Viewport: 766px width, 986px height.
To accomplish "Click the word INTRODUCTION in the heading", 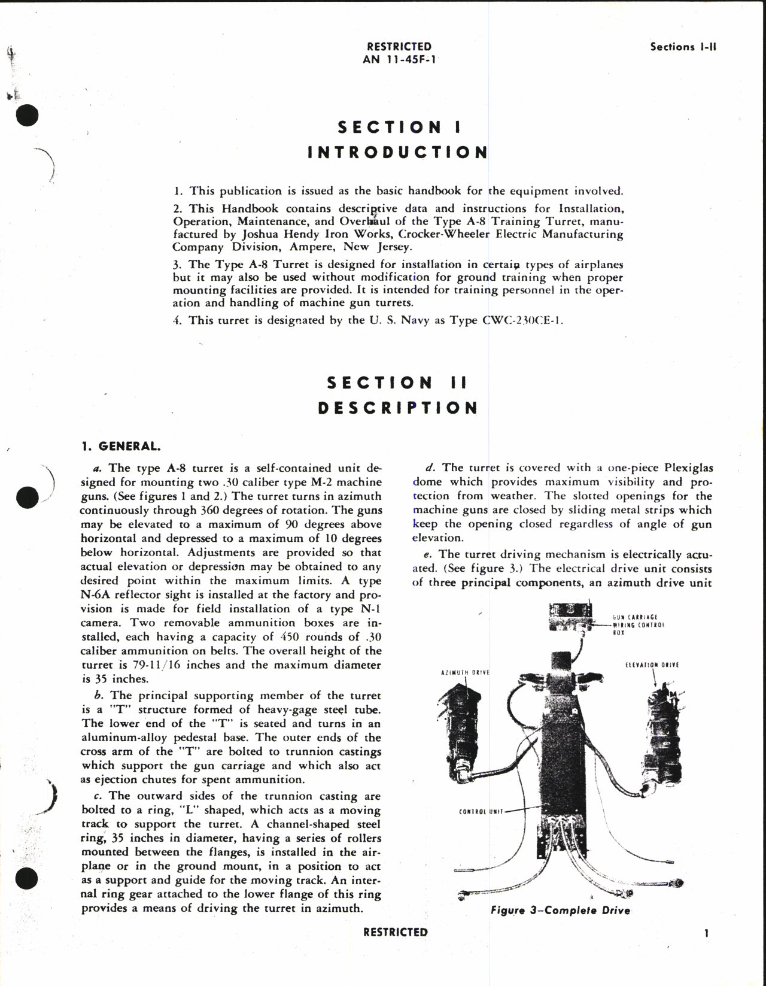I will coord(398,152).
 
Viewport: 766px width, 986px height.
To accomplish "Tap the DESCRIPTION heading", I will coord(398,408).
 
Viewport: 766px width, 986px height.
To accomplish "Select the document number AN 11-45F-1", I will coord(399,59).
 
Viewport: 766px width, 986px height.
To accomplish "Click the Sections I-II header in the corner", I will coord(683,47).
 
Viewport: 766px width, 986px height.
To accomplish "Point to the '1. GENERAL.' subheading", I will coord(121,446).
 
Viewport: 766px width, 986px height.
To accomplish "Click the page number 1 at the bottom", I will coord(707,933).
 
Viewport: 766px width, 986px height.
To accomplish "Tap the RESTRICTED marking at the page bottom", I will coord(395,932).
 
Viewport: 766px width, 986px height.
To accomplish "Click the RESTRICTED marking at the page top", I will coord(399,47).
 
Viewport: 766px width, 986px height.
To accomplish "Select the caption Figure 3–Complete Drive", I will coord(560,910).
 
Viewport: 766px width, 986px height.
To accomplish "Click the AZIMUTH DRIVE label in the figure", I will coord(465,673).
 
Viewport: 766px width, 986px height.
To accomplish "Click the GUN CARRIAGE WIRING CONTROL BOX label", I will coord(639,624).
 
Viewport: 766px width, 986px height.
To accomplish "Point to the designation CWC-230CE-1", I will coord(522,320).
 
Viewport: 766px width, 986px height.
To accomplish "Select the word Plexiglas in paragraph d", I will coord(685,468).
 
